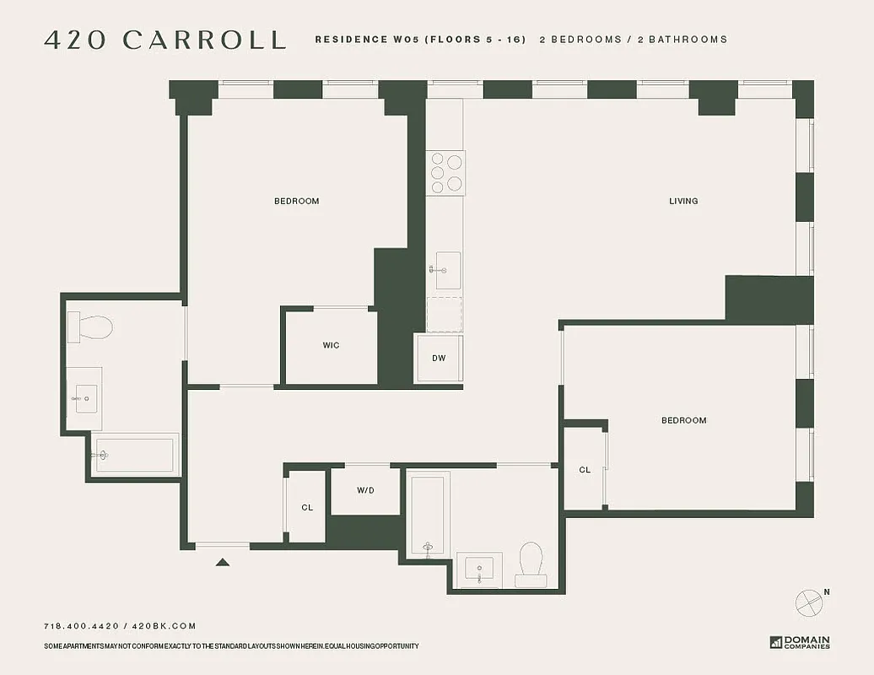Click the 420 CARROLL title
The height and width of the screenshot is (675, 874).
[165, 40]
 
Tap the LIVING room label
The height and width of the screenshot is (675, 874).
[683, 201]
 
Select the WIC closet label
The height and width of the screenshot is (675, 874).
[331, 345]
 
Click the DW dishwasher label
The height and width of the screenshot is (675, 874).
[439, 358]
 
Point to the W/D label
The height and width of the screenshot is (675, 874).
[365, 489]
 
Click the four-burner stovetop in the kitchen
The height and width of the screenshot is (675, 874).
[445, 173]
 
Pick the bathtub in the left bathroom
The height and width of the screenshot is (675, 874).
[135, 455]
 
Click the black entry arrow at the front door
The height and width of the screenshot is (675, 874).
[223, 562]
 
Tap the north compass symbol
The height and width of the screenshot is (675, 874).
[808, 602]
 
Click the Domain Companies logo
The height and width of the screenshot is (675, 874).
[800, 642]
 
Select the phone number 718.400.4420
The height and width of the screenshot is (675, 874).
[81, 626]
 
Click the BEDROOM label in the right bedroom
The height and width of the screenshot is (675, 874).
[683, 420]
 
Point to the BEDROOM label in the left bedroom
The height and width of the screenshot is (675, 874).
[297, 201]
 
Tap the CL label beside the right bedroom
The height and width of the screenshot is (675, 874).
[585, 470]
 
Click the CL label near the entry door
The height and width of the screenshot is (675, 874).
[307, 507]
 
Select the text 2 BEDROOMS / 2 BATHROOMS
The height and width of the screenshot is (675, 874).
[633, 40]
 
